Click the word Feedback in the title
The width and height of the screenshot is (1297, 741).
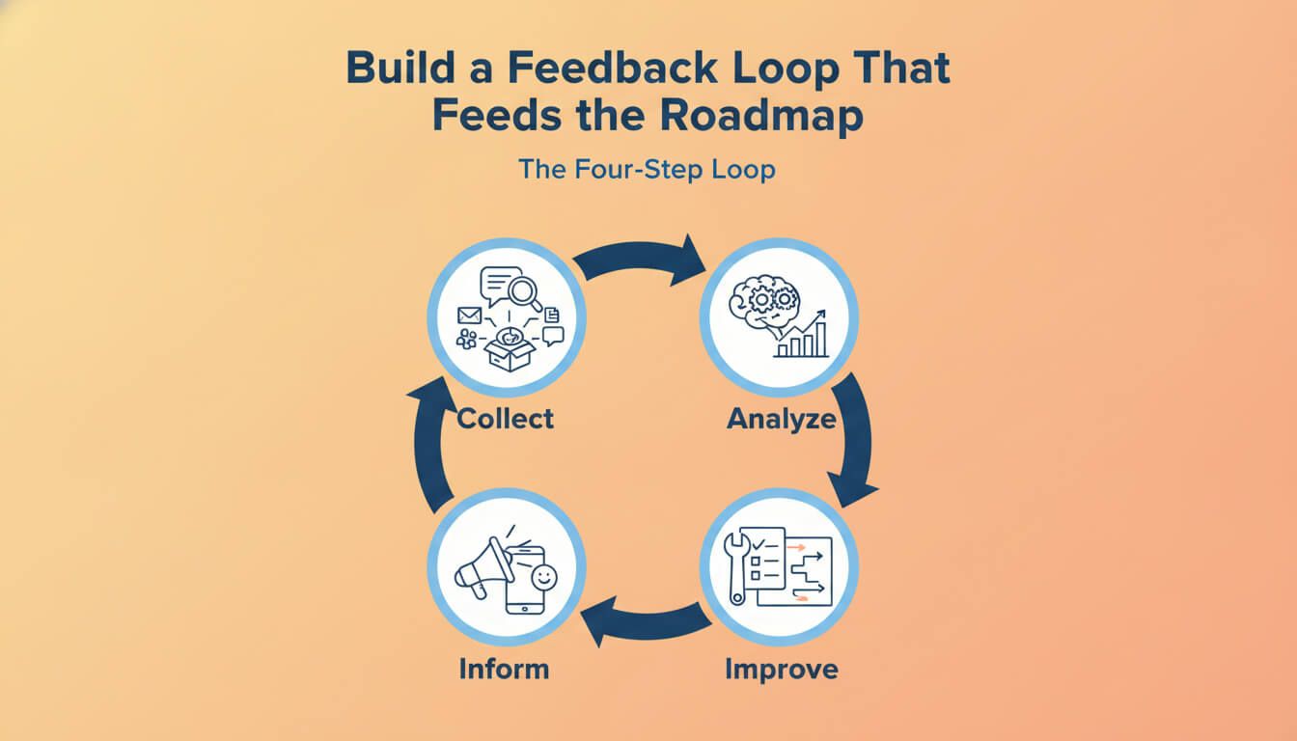612,68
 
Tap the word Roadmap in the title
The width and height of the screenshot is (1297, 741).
761,116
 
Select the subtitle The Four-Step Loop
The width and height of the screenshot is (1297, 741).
647,170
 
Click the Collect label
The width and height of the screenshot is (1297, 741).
505,419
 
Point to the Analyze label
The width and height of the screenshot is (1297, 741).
782,419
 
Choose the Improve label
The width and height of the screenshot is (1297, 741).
782,671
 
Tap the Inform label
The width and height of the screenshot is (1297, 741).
505,669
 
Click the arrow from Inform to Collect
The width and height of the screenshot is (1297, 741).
428,446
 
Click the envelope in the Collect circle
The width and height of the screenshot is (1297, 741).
469,316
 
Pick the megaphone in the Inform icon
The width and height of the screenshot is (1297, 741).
483,568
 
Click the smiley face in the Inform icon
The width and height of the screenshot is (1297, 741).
543,577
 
